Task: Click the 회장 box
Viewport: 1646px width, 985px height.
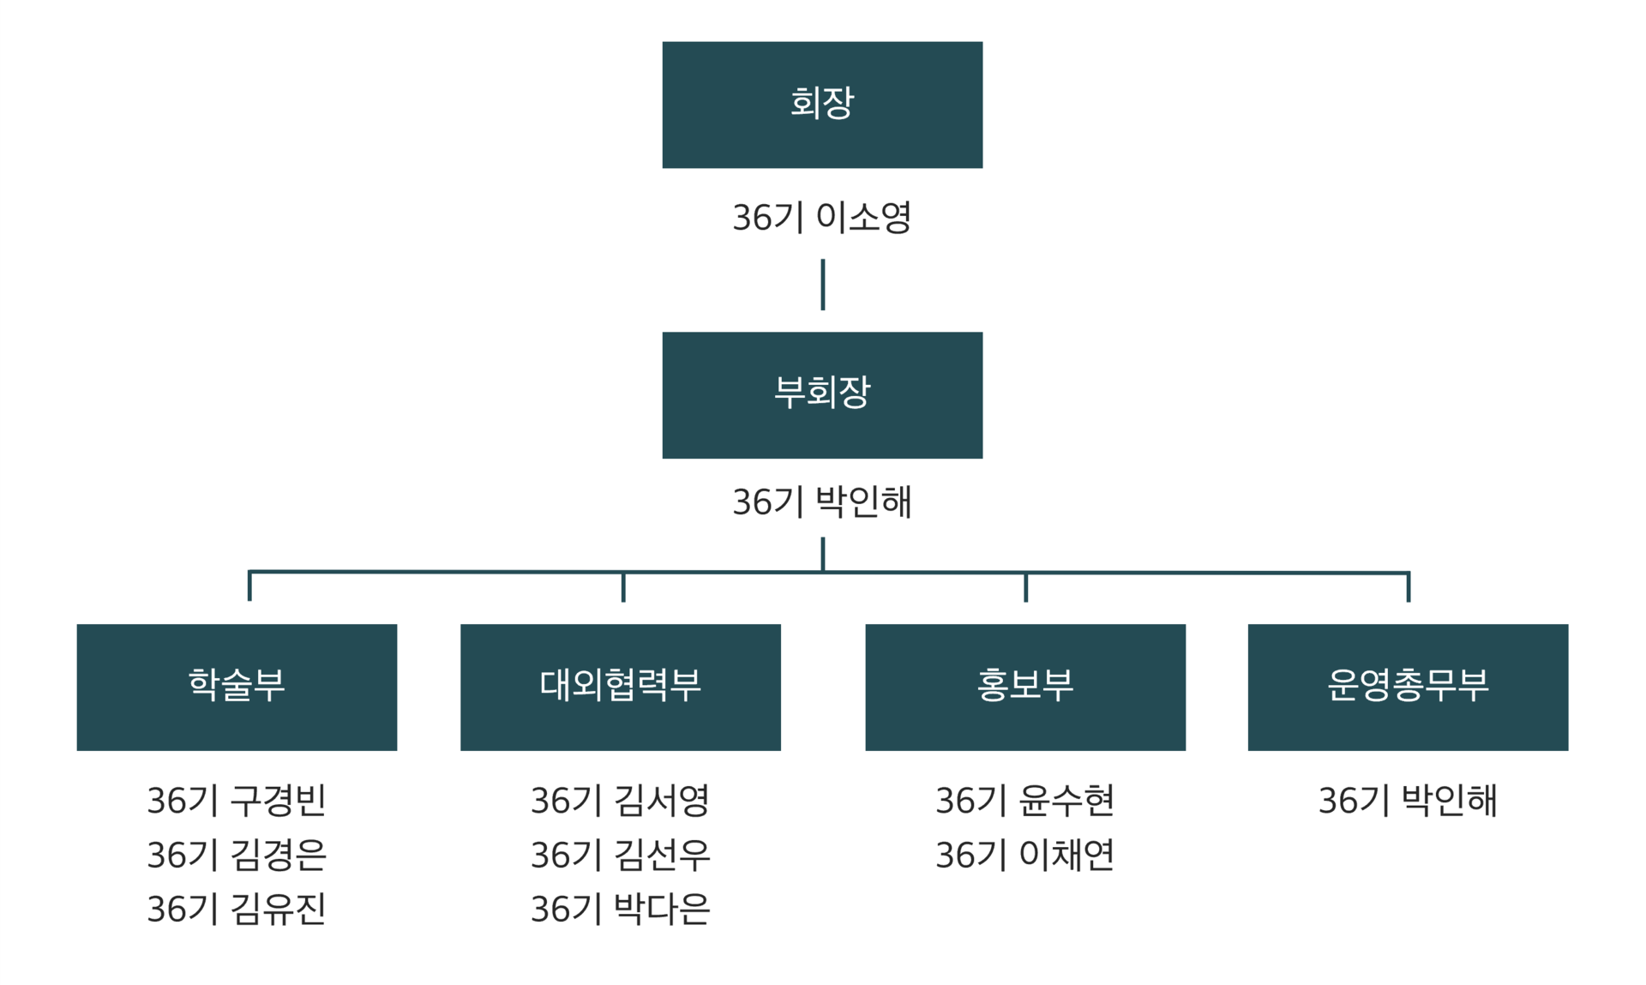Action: pos(822,105)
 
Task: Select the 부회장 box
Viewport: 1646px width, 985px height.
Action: pos(822,395)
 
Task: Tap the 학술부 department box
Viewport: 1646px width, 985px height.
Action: pos(237,687)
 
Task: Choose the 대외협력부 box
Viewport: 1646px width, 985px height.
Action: pos(620,687)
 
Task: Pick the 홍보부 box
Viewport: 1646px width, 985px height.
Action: pos(1025,687)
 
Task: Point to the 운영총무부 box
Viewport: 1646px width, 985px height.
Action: pos(1408,687)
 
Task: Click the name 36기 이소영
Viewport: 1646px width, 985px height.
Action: pos(822,218)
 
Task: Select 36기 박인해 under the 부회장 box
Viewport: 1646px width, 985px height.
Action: pos(822,502)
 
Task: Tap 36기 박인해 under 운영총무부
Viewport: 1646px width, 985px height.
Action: pos(1408,801)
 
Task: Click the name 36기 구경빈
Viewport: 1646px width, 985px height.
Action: pos(237,801)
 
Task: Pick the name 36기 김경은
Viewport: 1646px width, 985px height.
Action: pos(237,855)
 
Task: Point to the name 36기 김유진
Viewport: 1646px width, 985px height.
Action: pos(237,909)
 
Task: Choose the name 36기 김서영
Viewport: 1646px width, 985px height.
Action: pos(620,801)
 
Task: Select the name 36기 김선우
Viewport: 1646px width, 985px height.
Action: pos(620,855)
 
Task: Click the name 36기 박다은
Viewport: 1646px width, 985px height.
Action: pos(620,909)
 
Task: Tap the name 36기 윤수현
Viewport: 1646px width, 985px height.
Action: pos(1025,801)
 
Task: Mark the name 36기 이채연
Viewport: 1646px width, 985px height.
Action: pos(1025,855)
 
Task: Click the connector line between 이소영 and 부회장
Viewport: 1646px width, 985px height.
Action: pos(823,285)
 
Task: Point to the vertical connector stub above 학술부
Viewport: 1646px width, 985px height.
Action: pos(249,586)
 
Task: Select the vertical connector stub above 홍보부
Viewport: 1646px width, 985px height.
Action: pos(1025,587)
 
